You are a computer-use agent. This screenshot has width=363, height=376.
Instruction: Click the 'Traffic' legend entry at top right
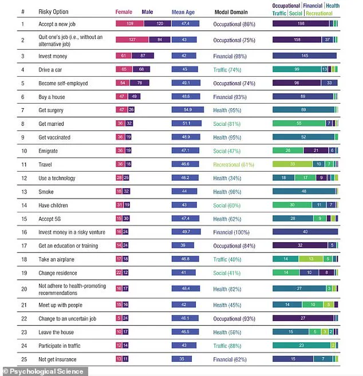point(281,13)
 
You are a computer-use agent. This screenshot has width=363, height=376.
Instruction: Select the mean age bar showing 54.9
point(188,109)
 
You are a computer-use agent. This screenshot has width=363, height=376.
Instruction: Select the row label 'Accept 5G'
point(50,219)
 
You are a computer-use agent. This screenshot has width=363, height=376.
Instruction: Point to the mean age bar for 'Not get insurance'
point(181,359)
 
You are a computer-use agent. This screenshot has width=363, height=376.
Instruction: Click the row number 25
point(23,359)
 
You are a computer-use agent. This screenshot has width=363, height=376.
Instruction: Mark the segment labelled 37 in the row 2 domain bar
point(328,40)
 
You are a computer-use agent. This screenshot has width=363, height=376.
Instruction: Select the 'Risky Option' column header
point(53,11)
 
